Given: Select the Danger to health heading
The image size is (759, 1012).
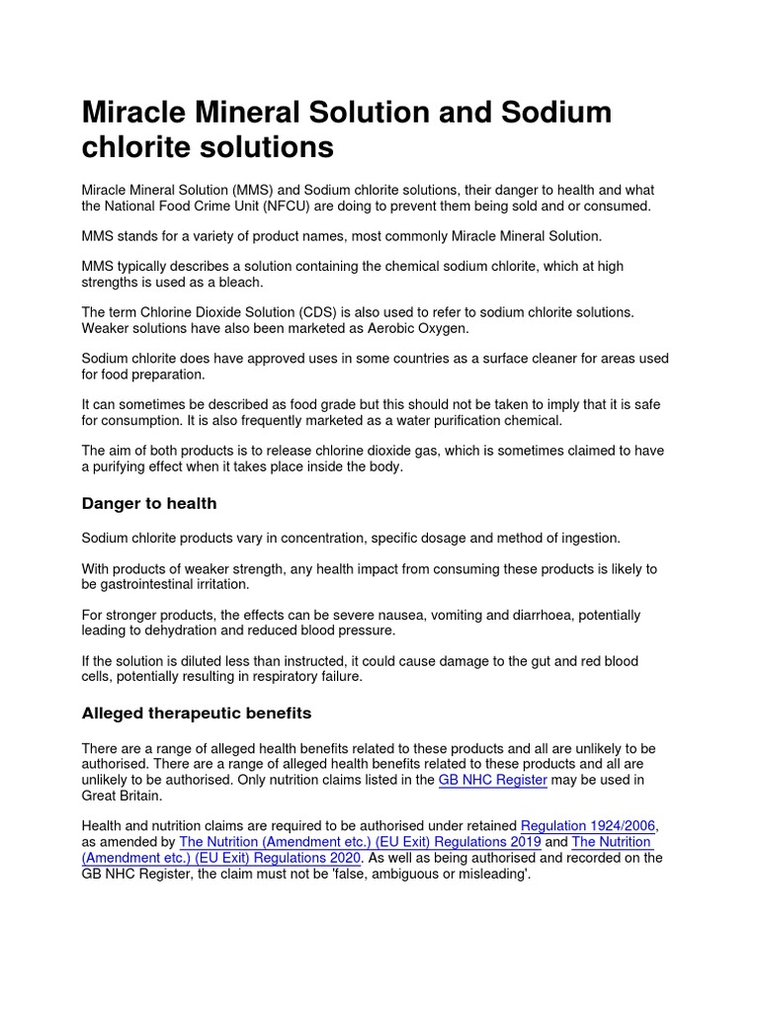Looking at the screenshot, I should (x=148, y=504).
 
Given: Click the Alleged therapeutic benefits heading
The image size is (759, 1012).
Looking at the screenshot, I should (x=196, y=713).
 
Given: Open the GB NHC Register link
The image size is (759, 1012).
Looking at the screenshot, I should (x=492, y=780).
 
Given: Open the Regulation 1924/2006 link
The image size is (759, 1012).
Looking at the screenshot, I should (x=589, y=825).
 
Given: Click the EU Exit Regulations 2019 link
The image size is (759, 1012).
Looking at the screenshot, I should (x=359, y=842).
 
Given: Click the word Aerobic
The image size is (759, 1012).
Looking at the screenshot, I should (x=377, y=328).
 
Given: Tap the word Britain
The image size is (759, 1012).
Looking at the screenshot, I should (x=137, y=796).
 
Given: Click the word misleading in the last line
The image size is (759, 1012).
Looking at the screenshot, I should (x=491, y=875).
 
